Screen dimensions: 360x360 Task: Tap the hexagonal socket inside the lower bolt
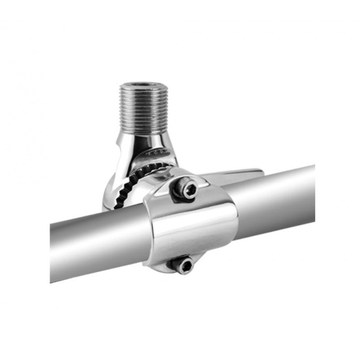tap(184, 265)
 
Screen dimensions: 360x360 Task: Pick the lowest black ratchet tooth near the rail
tap(118, 205)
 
